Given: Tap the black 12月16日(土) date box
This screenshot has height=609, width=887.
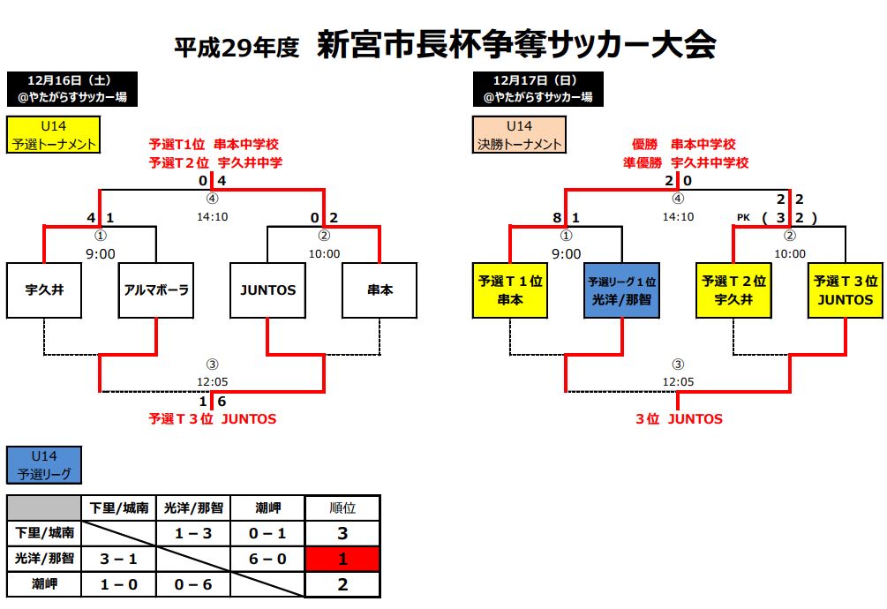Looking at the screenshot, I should click(71, 89).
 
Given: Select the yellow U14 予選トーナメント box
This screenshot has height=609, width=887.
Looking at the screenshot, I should click(54, 135).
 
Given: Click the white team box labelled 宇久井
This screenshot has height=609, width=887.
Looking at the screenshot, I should click(43, 289).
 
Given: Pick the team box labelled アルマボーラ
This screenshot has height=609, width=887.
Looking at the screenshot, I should click(155, 289).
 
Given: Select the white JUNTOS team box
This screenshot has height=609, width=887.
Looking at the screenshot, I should click(267, 289).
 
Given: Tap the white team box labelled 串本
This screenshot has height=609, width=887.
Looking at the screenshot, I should click(380, 289).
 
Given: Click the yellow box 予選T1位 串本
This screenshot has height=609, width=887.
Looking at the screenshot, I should click(509, 289).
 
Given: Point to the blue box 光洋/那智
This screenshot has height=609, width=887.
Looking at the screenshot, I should click(621, 289).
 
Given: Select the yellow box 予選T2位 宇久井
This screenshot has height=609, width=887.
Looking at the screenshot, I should click(733, 289).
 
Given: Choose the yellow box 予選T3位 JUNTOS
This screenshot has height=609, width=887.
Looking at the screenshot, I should click(846, 289).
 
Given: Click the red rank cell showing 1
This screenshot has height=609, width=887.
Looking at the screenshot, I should click(342, 559).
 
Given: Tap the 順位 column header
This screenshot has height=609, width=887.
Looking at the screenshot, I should click(342, 507).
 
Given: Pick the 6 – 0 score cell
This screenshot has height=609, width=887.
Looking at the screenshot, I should click(267, 559).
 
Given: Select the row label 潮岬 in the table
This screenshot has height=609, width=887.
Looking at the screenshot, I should click(44, 583).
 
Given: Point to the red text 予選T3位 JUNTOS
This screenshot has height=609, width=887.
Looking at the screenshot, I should click(213, 419).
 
